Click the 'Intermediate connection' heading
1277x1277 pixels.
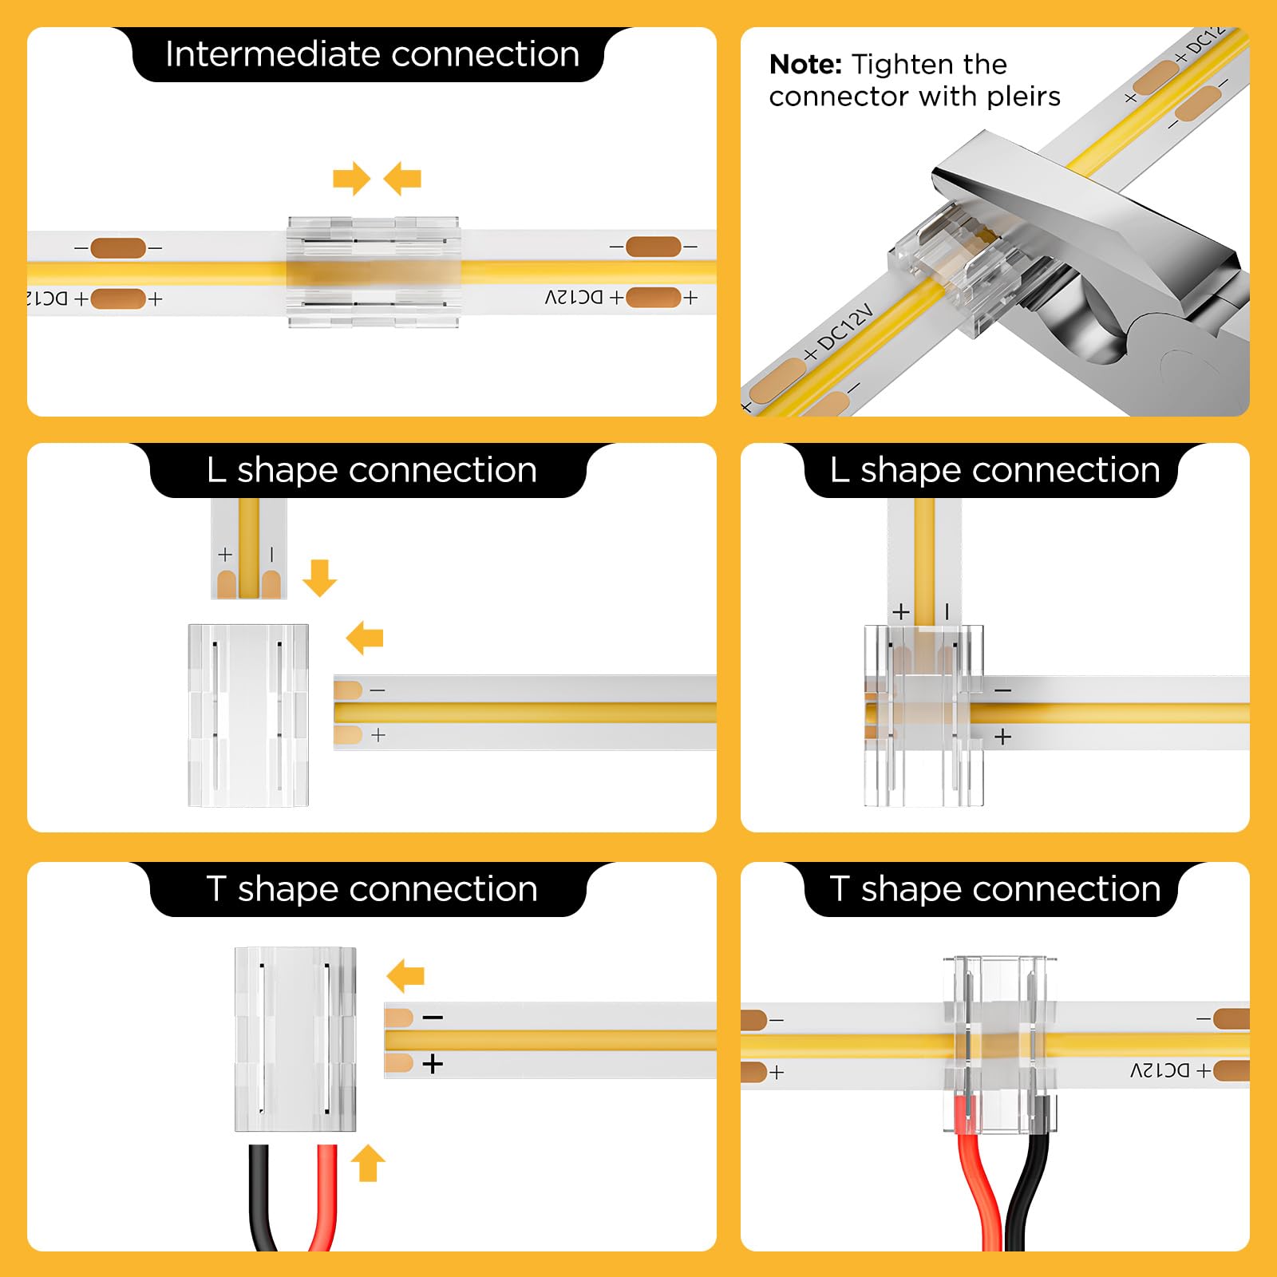click(372, 54)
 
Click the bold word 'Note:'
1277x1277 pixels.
click(805, 64)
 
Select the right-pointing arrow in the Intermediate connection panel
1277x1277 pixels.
click(351, 178)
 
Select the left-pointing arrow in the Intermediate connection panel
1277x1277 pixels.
click(402, 178)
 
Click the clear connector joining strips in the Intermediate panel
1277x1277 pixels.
click(374, 272)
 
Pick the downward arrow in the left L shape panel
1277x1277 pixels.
click(320, 578)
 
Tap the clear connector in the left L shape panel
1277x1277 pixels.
click(248, 714)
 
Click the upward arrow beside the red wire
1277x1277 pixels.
click(368, 1163)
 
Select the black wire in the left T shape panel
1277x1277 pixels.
click(260, 1197)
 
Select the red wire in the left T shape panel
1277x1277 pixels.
click(326, 1197)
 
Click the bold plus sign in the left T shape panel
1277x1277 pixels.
click(433, 1064)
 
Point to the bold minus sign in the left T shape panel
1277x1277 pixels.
click(433, 1018)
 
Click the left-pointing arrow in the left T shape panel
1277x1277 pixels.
click(405, 976)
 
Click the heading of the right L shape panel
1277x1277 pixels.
click(994, 470)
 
